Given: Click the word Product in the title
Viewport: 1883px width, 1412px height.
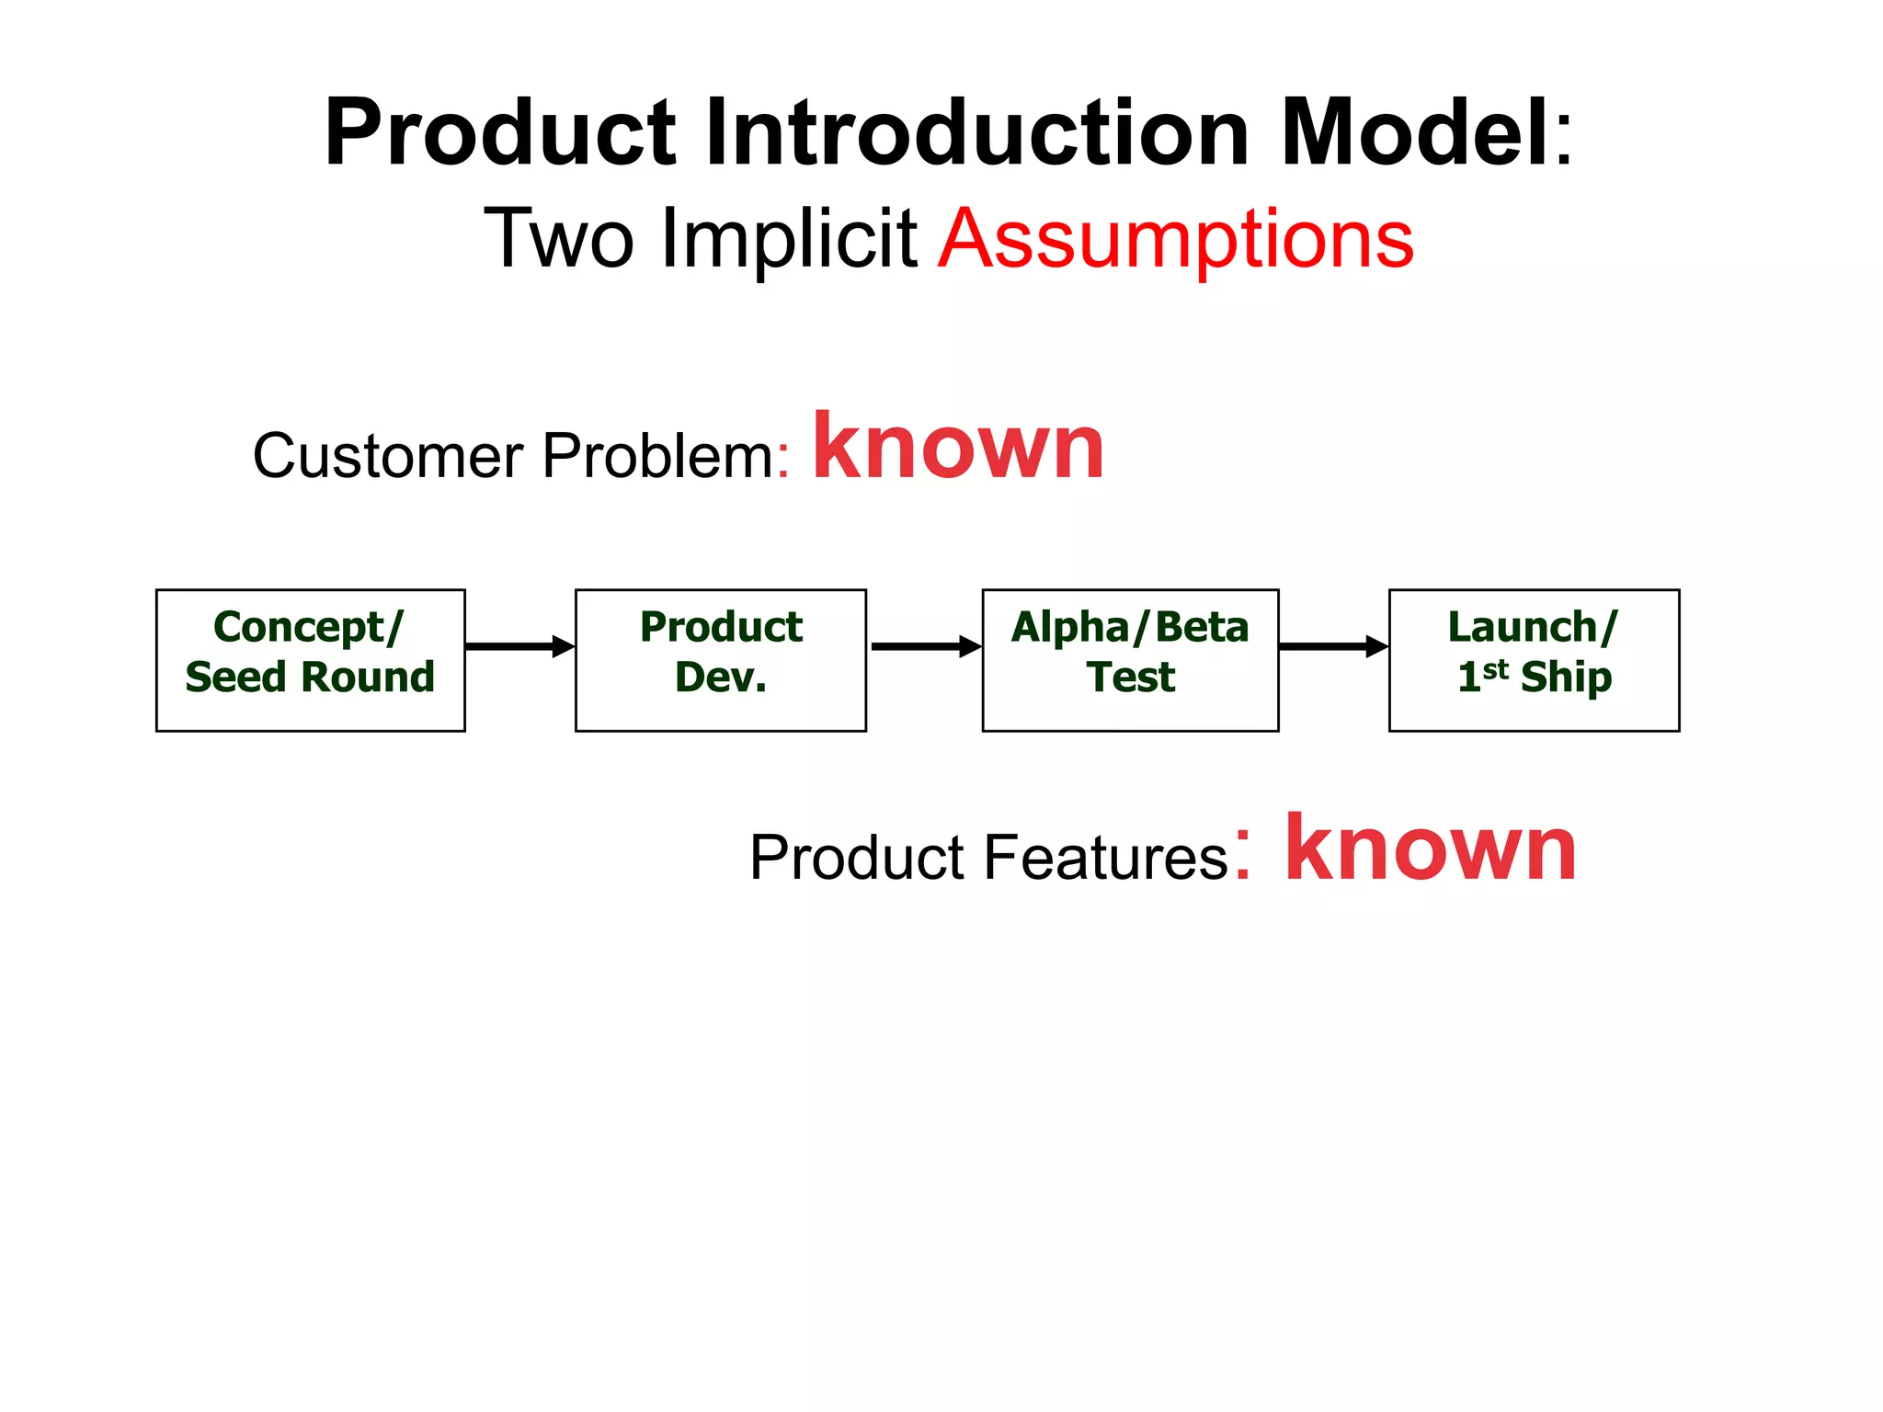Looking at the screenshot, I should click(x=501, y=134).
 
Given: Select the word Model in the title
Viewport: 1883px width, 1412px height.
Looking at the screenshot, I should click(x=1416, y=134).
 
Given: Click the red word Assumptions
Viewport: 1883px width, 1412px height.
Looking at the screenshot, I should click(x=1176, y=241).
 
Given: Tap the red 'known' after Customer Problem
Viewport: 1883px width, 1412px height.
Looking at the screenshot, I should click(x=958, y=448).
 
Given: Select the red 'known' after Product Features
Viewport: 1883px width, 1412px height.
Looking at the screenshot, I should click(x=1431, y=849).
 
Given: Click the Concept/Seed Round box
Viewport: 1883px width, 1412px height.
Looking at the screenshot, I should click(x=310, y=660).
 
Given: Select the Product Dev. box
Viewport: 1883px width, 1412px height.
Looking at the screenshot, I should click(x=720, y=660).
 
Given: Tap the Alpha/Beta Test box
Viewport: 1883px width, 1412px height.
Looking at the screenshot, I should click(x=1130, y=660).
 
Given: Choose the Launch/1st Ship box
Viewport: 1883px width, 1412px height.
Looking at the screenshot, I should click(x=1534, y=660).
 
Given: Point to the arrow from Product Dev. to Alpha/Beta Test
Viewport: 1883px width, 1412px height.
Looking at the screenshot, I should click(x=925, y=646).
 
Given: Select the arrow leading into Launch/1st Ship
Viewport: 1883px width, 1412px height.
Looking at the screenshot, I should click(x=1333, y=646).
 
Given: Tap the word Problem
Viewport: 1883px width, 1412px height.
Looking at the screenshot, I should click(x=658, y=456).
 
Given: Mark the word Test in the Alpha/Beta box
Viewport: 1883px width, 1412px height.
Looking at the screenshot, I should click(x=1130, y=678).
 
